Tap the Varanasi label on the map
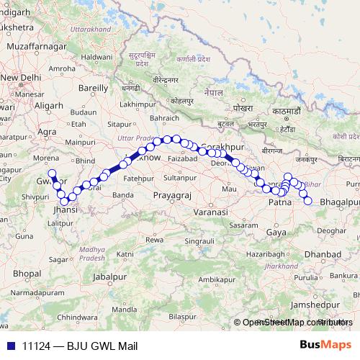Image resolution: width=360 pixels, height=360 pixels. [209, 213]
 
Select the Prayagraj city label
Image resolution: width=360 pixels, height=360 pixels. [173, 194]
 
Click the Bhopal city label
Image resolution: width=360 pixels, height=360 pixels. [26, 274]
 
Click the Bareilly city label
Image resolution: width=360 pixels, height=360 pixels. [92, 88]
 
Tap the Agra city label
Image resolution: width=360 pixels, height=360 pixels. [47, 132]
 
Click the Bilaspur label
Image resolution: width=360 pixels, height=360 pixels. [183, 316]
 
